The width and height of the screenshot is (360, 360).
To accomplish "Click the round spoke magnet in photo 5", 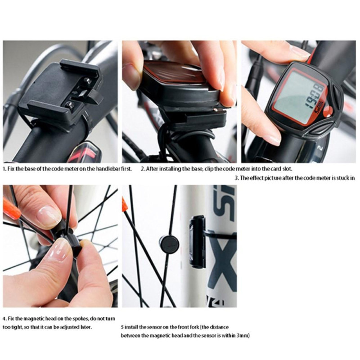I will click(169, 243).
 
